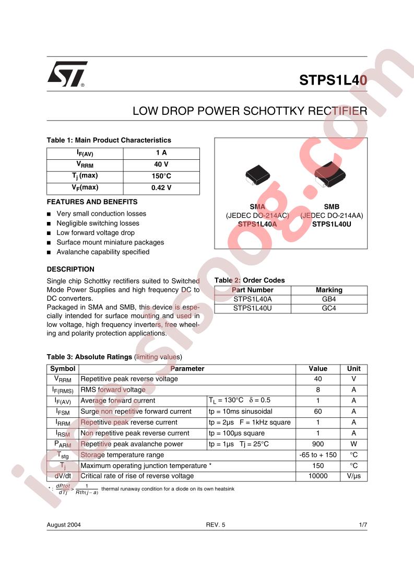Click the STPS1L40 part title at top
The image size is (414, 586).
point(333,80)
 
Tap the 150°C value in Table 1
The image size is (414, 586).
point(161,176)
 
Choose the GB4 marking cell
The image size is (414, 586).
point(329,299)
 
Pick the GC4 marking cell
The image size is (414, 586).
point(329,309)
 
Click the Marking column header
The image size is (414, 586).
point(329,290)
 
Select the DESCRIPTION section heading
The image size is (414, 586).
point(70,269)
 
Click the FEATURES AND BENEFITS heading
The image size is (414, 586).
point(92,202)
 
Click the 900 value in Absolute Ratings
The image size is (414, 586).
point(318,444)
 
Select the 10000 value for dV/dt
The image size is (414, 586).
point(318,476)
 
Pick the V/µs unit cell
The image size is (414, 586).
point(353,476)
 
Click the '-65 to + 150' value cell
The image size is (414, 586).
point(318,455)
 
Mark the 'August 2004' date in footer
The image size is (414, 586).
point(64,524)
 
